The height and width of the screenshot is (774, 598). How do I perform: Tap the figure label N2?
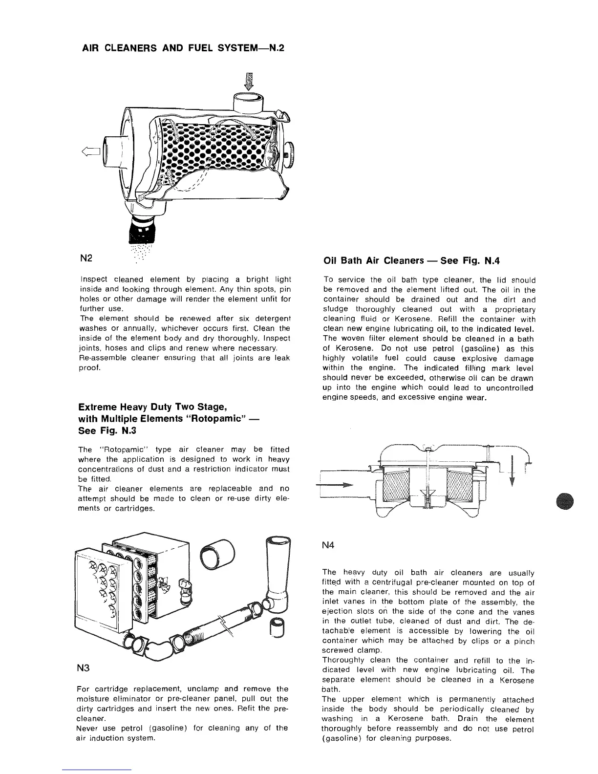point(85,257)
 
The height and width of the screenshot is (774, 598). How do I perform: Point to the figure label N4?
point(329,545)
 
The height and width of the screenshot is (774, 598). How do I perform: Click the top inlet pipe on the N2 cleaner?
point(249,102)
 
